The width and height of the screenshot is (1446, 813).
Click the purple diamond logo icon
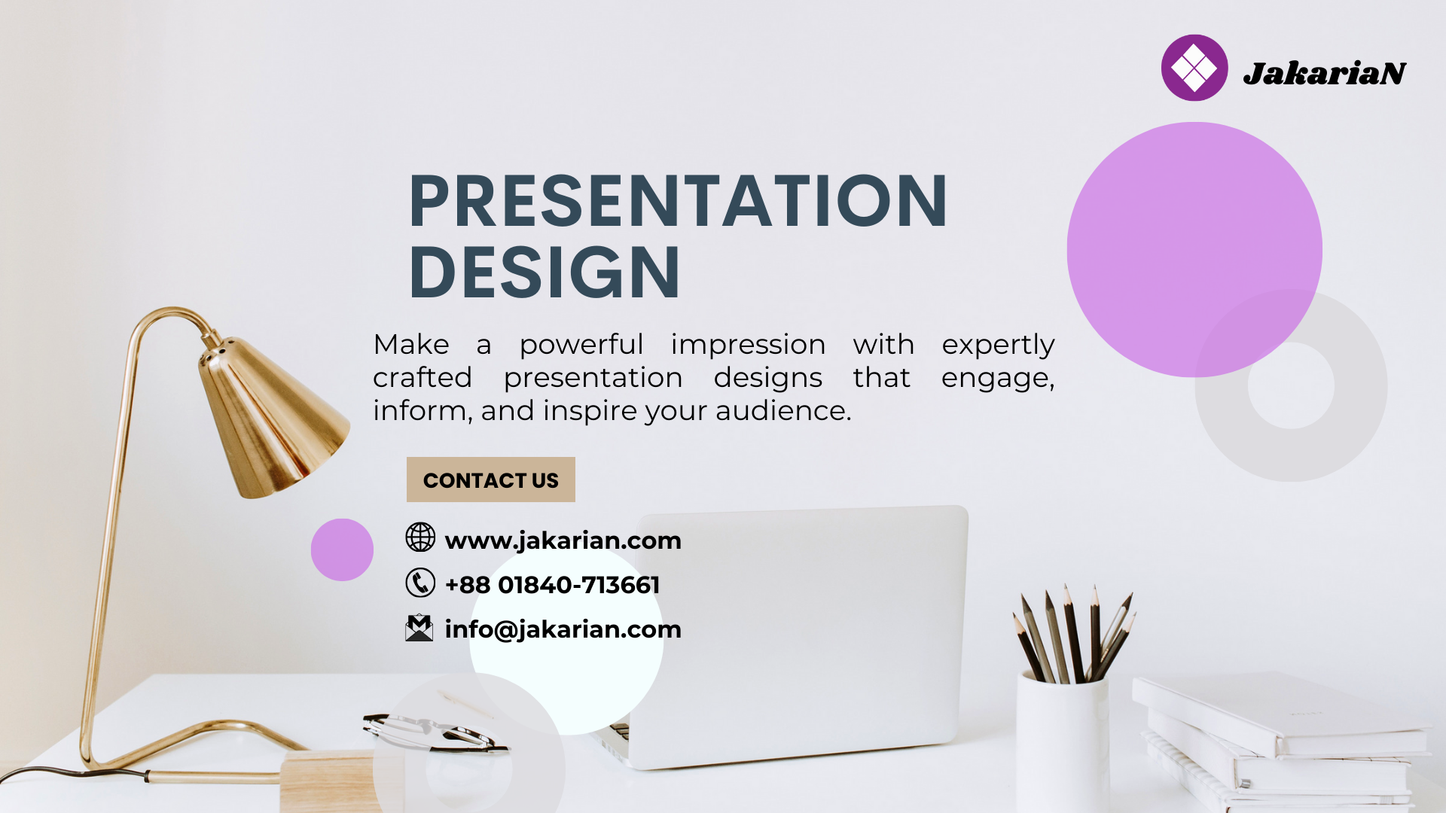1194,68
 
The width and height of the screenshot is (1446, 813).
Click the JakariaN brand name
1324,73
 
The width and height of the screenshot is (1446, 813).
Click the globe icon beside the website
420,537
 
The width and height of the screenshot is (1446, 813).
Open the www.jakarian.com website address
563,540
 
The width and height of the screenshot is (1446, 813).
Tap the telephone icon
420,583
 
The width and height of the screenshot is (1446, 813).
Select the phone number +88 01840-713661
552,585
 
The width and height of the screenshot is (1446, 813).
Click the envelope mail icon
419,628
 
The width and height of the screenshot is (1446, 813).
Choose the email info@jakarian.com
563,629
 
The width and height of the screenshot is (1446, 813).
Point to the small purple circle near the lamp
342,550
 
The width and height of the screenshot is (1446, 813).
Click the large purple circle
1194,250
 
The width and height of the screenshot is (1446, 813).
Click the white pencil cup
1062,741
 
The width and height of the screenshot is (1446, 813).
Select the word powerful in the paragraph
581,345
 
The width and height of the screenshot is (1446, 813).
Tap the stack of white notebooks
1280,741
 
